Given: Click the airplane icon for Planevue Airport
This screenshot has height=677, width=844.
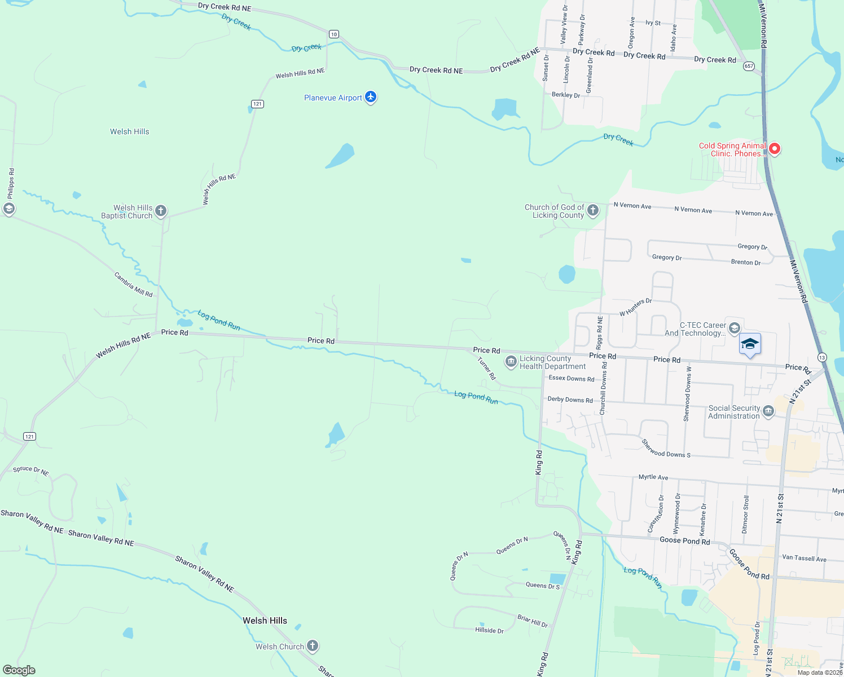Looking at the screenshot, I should point(371,97).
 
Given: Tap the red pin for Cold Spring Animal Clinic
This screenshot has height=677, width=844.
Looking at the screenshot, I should point(775,148).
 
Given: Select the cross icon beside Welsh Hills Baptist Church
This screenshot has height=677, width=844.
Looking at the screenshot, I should point(161,211).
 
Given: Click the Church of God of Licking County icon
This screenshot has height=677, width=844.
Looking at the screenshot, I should point(592,210).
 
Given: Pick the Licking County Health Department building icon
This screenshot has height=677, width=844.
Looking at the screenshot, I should point(511,362).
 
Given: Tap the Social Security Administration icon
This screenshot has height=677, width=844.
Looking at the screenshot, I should point(768,411).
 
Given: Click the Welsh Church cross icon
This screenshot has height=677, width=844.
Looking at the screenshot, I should point(312,646).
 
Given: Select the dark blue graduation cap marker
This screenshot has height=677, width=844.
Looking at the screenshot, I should point(749,344).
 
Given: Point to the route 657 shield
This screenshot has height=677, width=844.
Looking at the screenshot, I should point(749,66).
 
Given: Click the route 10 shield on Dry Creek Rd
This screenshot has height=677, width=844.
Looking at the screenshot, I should point(334,34).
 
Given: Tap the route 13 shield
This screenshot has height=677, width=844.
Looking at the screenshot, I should point(821,357).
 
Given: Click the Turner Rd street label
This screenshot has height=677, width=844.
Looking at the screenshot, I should point(486,368).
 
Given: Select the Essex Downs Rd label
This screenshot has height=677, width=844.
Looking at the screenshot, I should point(572,379).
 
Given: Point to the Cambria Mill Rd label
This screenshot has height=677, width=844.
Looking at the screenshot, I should point(134,284).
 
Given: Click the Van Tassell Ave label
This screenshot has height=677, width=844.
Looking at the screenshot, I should point(804,558).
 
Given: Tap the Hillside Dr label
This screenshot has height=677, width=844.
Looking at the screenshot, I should point(489,630).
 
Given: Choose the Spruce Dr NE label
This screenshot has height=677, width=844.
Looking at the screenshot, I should point(31,471).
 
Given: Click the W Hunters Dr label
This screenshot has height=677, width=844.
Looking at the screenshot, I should point(635,307).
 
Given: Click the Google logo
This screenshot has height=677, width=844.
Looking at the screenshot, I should point(19,670).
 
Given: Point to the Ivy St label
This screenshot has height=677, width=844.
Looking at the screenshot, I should point(653,23).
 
